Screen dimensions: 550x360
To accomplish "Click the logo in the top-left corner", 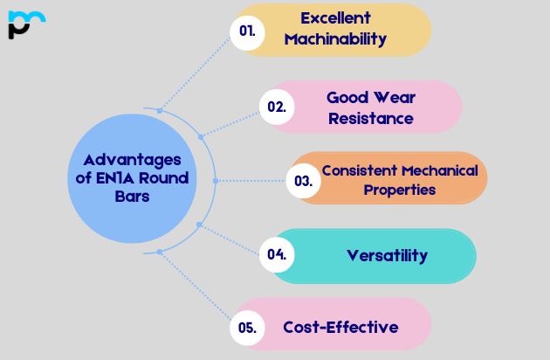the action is tap(27, 24).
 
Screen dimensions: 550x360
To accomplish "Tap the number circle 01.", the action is tap(247, 32).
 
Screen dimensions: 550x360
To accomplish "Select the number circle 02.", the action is tap(277, 107).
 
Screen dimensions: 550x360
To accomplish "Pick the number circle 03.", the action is tap(304, 181).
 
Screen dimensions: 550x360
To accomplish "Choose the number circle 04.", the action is tap(277, 254).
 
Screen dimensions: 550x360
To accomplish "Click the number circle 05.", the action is tap(247, 328).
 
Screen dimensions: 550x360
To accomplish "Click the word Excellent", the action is tap(336, 18).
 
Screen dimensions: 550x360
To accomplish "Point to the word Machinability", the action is tap(336, 39).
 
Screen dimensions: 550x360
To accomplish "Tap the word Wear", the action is tap(395, 98).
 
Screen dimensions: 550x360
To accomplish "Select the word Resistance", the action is tap(371, 119).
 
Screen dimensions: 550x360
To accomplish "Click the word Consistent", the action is tap(360, 170).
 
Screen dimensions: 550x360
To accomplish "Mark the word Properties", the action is tap(400, 190).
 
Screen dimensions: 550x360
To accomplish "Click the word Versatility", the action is tap(388, 255).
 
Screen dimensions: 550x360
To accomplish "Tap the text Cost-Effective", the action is tap(340, 328).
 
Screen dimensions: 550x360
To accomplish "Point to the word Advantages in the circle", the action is tap(132, 161).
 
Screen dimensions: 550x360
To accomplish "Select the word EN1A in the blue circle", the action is tap(114, 178).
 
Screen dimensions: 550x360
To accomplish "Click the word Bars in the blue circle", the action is tap(132, 197).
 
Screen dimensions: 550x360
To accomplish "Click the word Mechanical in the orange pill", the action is tap(440, 170).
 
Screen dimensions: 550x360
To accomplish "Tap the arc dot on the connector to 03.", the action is tap(216, 181).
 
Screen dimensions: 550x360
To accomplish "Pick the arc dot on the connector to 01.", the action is tap(160, 111).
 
